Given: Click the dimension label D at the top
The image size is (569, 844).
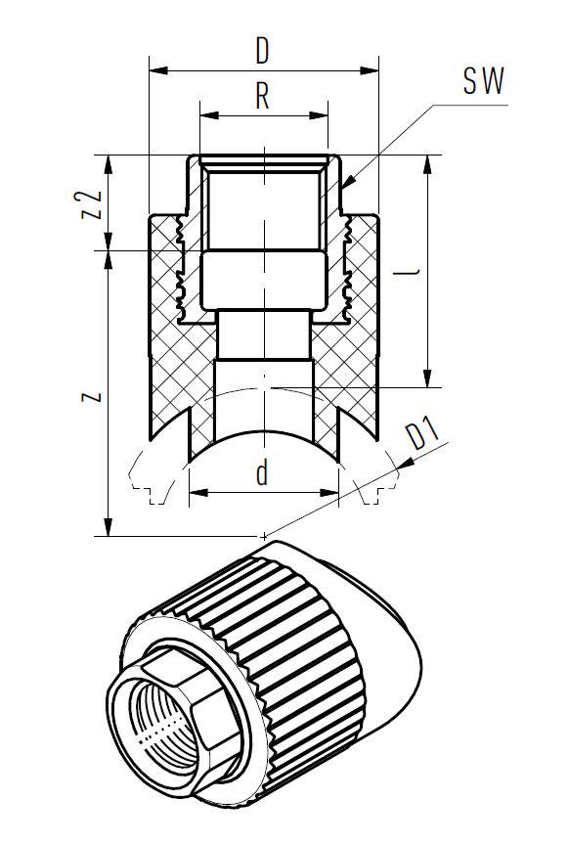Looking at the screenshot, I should (262, 49).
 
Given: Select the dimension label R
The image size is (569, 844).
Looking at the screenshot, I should (262, 96).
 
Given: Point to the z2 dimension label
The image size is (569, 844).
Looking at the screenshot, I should (91, 202).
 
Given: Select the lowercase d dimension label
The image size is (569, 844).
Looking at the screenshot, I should (262, 473).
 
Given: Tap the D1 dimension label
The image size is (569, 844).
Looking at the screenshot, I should (423, 434).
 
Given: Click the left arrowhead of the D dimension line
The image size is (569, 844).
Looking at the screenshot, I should (153, 70).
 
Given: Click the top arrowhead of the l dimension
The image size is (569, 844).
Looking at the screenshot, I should (426, 159).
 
